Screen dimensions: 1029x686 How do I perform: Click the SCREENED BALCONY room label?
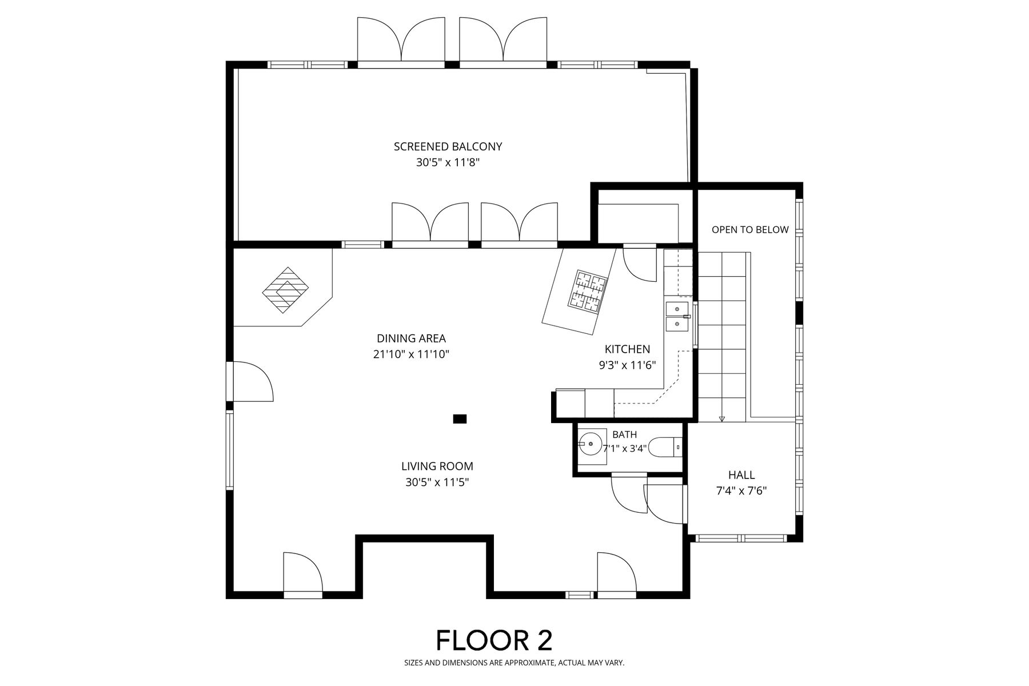tap(448, 146)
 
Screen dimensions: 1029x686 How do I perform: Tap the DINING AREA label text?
tap(411, 338)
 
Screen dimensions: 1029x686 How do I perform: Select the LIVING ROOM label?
tap(437, 466)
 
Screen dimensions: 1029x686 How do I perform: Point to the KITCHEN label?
tap(627, 349)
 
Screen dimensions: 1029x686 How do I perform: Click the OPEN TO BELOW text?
tap(750, 230)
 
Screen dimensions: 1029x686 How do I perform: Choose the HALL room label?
tap(741, 475)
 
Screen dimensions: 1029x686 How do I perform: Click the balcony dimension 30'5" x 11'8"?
tap(448, 163)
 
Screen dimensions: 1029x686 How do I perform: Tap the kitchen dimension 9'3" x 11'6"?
tap(627, 365)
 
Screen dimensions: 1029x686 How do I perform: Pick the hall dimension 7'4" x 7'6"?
tap(741, 491)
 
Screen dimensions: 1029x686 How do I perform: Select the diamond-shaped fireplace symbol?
tap(285, 290)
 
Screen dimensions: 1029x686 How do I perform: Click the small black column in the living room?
tap(460, 419)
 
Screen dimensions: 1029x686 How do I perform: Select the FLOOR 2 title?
tap(494, 640)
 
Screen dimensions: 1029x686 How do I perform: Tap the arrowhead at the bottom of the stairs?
tap(722, 419)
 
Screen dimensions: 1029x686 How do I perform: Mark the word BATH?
tap(624, 435)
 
